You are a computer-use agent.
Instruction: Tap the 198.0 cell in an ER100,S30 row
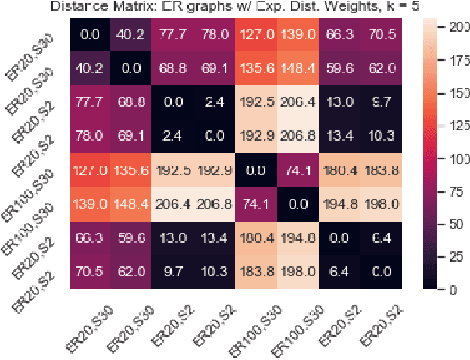point(379,204)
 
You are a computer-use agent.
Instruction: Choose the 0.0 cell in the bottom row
point(379,272)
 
